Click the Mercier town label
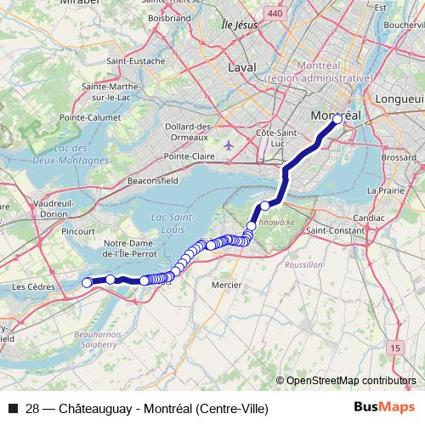click(226, 284)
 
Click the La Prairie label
click(391, 190)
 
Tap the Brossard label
click(399, 157)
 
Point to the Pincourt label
click(78, 231)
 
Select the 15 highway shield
click(394, 348)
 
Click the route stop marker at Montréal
click(337, 120)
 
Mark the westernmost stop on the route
click(87, 282)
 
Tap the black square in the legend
click(12, 409)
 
